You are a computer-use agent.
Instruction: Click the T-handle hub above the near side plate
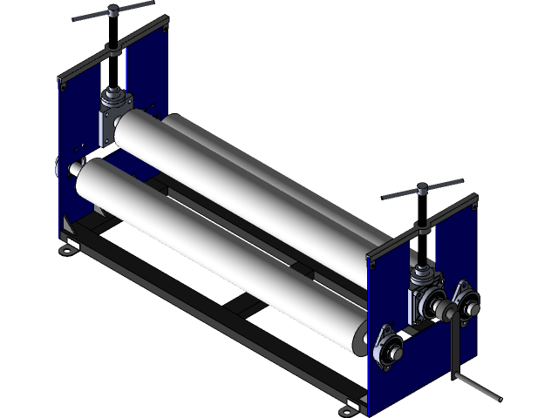421,187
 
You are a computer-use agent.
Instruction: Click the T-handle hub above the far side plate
112,12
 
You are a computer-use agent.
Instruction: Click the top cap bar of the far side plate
113,47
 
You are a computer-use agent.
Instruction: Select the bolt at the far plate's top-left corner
62,84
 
